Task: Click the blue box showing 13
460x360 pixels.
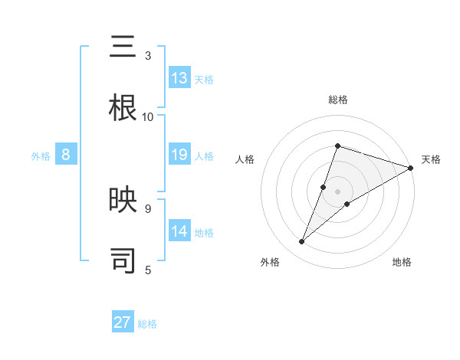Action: (179, 78)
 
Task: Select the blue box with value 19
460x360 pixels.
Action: (179, 155)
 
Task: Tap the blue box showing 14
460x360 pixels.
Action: (179, 231)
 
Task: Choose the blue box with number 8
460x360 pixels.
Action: (66, 155)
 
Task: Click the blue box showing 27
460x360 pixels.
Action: (123, 322)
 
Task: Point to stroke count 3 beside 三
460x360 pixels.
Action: (147, 56)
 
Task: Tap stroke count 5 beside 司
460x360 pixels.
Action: (147, 269)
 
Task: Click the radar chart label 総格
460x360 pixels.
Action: (338, 100)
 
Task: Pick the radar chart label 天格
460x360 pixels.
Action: (431, 159)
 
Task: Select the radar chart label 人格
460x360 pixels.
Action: (245, 159)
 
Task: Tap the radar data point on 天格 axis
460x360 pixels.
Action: (410, 168)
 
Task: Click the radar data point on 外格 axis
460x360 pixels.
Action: (302, 242)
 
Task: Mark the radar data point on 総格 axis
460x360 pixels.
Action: (337, 146)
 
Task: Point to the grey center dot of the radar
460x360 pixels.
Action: (337, 191)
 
